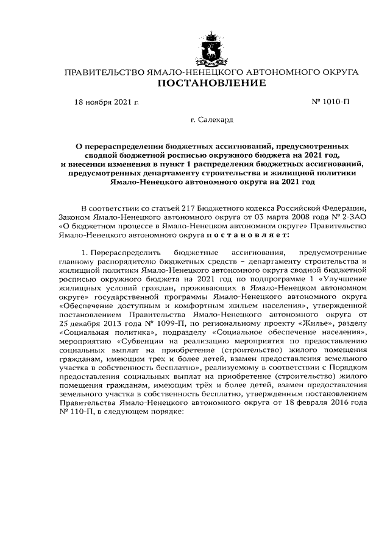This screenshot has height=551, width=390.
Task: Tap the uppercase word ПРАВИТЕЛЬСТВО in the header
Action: tap(104, 72)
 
